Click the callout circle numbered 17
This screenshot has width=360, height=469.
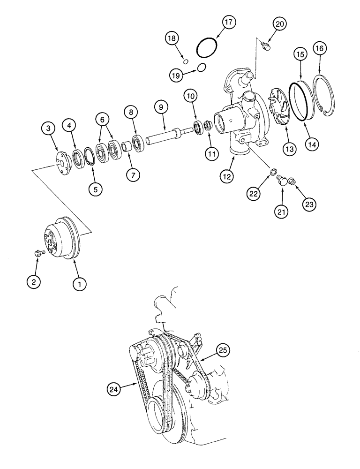(x=228, y=23)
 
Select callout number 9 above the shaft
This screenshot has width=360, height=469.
(x=161, y=107)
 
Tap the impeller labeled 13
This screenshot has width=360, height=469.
(x=280, y=111)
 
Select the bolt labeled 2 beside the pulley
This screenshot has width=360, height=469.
(x=39, y=254)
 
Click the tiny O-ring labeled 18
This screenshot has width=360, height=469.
(x=185, y=61)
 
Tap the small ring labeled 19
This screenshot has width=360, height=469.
(x=202, y=67)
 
